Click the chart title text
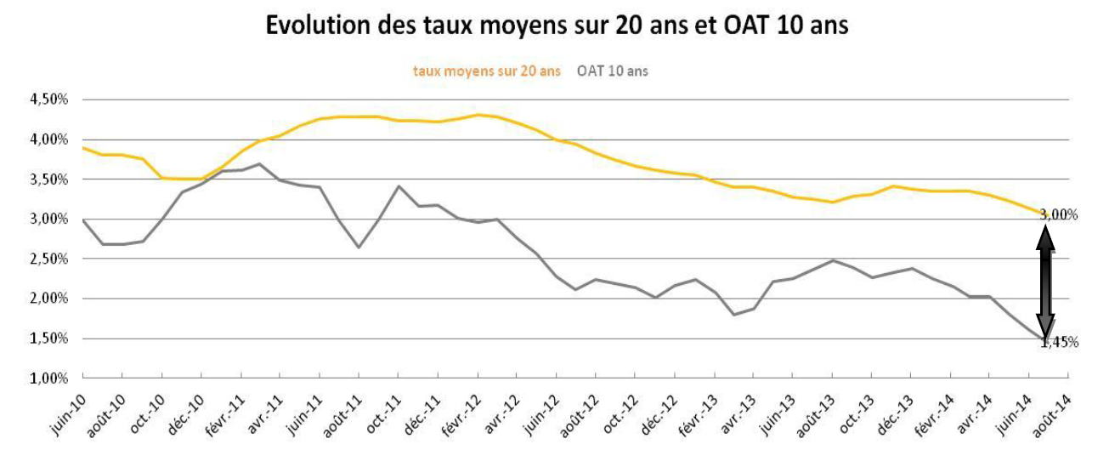point(557,25)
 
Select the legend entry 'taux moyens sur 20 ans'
point(486,71)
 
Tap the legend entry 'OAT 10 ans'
point(612,71)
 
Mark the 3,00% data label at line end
point(1060,215)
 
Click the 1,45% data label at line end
point(1060,342)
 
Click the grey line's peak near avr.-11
point(260,164)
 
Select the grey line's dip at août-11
point(358,247)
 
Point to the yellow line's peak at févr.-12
point(478,115)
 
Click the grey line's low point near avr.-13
point(733,315)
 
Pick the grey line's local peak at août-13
point(832,260)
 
